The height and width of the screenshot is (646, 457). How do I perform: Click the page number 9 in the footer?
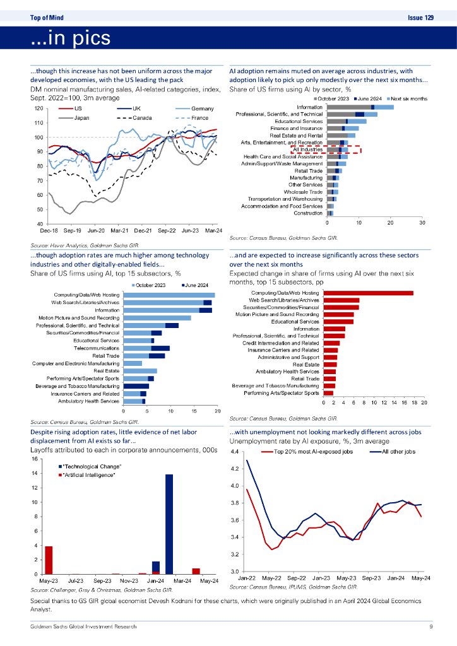(430, 626)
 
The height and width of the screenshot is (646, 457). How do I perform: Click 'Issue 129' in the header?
(420, 18)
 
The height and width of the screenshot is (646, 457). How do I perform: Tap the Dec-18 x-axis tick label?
(41, 232)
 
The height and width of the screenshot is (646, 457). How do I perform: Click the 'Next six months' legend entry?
(409, 99)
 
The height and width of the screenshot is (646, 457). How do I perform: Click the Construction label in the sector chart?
(309, 213)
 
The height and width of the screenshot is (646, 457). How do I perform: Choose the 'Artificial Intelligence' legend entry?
(89, 474)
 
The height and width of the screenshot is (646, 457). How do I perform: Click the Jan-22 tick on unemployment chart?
(247, 578)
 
